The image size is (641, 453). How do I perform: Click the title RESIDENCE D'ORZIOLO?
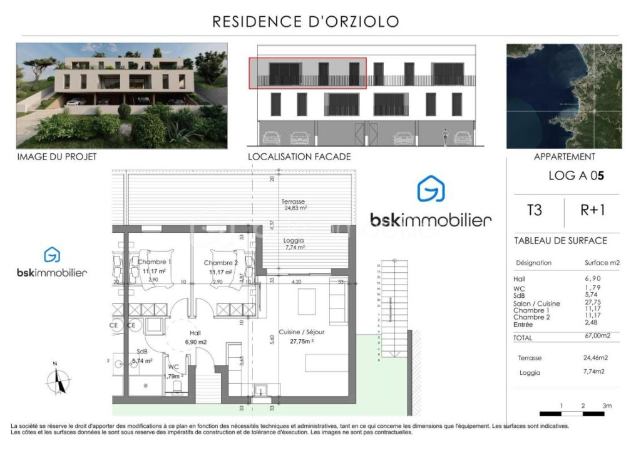point(305,22)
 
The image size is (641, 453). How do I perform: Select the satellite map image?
point(564,96)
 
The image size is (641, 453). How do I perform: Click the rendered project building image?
point(121,96)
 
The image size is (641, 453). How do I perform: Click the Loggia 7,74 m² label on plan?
point(293,243)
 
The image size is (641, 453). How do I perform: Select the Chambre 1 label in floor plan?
point(151,267)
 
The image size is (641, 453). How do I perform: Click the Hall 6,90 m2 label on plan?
point(195,338)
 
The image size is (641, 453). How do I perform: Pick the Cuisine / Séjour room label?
point(301,337)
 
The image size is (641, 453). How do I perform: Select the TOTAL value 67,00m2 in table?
point(597,337)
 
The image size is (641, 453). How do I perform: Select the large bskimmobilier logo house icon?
point(431,189)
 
